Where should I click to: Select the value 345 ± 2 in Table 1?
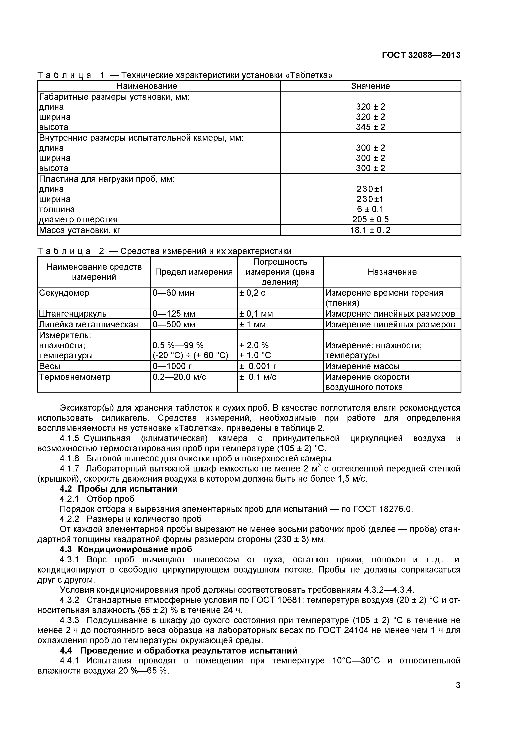(370, 127)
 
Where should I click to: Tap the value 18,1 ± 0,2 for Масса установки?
(370, 230)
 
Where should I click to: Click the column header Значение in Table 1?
(370, 86)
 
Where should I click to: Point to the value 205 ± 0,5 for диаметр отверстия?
(370, 219)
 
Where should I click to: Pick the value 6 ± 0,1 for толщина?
(370, 209)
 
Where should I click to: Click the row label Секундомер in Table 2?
(64, 293)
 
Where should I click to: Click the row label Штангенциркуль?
(73, 314)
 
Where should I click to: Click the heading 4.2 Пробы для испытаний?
(119, 489)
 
